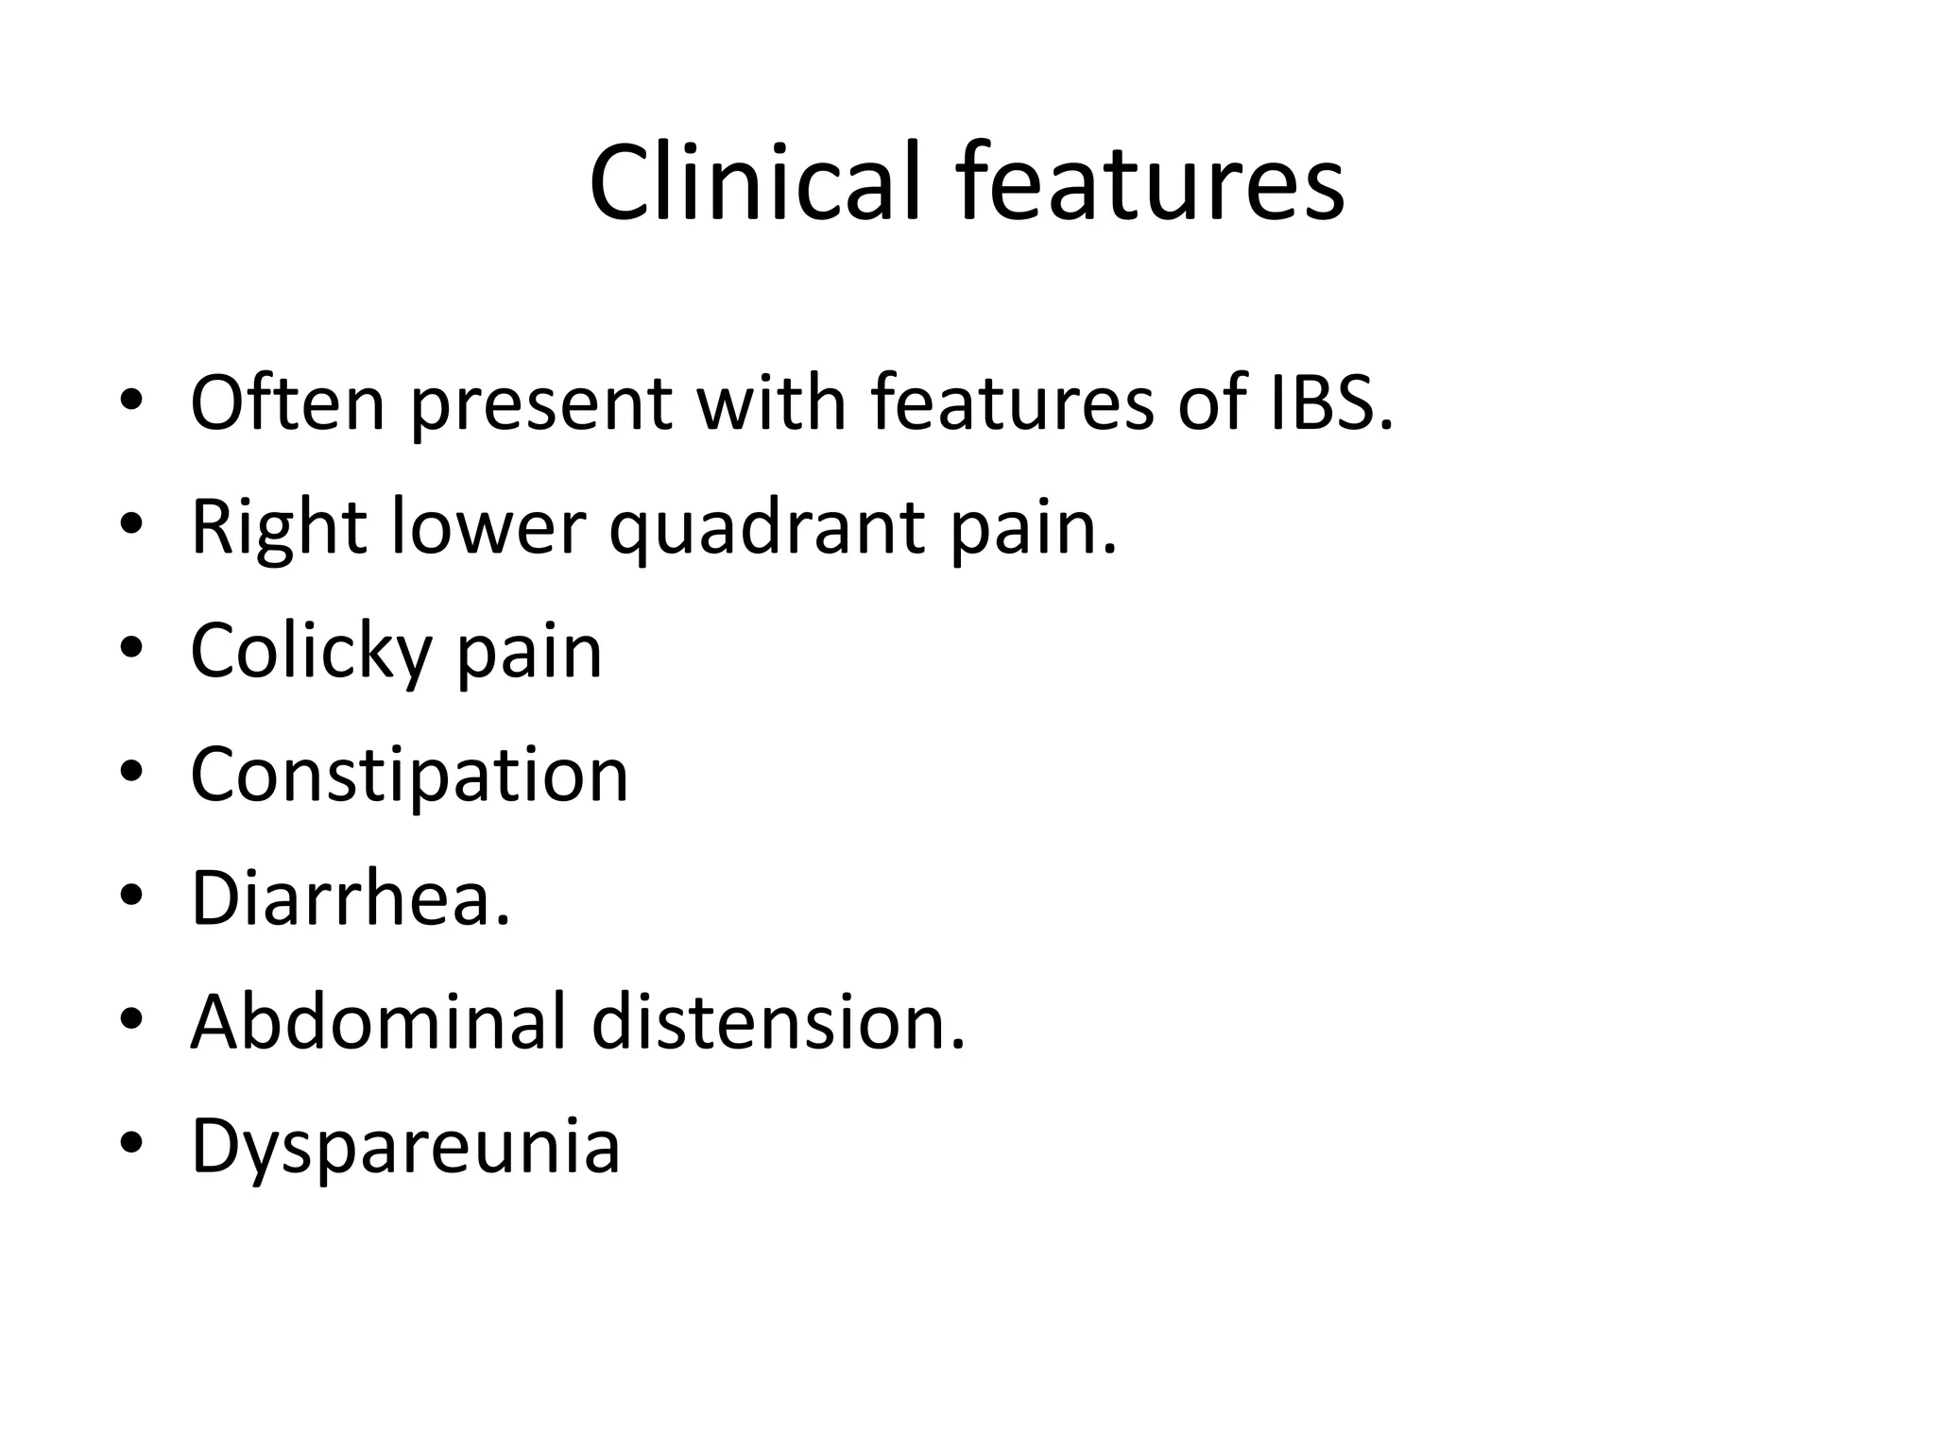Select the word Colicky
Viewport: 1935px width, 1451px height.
point(310,652)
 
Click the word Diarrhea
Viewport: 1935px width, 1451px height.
point(350,897)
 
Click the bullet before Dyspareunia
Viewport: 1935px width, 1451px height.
point(131,1145)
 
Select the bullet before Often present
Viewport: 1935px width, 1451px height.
point(131,401)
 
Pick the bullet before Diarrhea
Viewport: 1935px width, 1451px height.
point(131,896)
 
